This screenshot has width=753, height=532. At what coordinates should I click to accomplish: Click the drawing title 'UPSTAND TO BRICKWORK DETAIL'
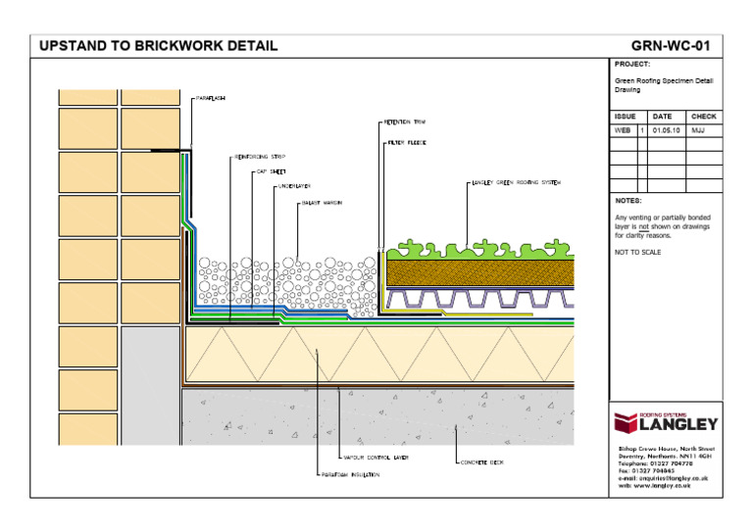(158, 45)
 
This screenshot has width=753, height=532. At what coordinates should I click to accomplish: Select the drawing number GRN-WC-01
(671, 45)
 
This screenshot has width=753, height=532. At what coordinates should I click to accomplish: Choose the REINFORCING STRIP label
(260, 155)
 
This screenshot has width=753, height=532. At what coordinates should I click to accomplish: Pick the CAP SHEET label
(271, 170)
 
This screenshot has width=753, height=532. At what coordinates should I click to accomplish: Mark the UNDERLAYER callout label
(294, 185)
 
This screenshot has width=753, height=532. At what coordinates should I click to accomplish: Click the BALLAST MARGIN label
(321, 204)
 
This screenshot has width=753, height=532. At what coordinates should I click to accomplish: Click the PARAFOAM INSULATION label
(349, 475)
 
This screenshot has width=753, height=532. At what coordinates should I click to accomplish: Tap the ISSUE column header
(625, 117)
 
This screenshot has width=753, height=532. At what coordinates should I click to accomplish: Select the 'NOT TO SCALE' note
(637, 253)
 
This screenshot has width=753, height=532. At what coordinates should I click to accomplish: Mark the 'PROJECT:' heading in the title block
(631, 64)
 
